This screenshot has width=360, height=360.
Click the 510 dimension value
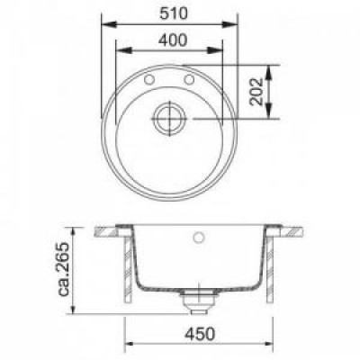(x=174, y=13)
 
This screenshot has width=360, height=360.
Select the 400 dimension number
(x=173, y=40)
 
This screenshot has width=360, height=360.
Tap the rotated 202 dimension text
(x=256, y=92)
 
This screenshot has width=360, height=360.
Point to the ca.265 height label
(x=64, y=269)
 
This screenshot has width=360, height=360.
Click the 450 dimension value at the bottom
(x=200, y=334)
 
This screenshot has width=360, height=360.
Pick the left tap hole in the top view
(x=149, y=79)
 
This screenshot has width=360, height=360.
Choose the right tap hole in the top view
(x=189, y=79)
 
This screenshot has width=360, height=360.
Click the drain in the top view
(x=170, y=118)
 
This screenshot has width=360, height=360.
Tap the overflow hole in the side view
(x=199, y=237)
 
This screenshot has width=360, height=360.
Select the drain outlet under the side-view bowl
(x=197, y=301)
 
